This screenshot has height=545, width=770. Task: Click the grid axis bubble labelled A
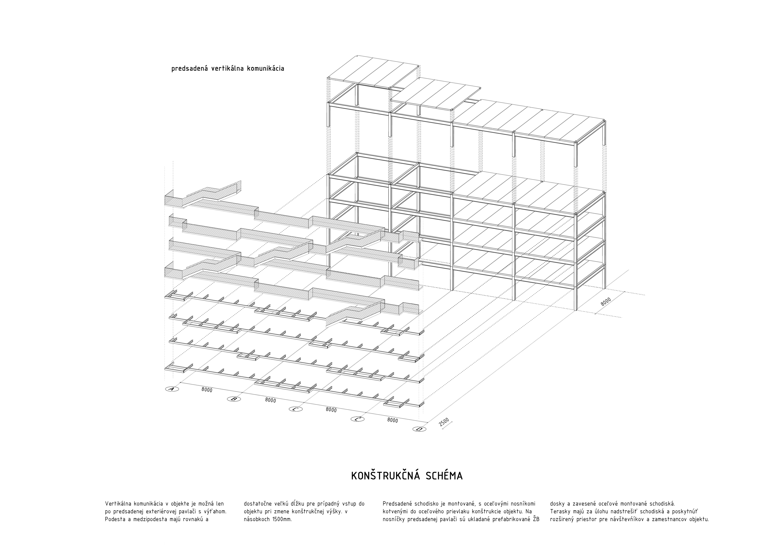pyautogui.click(x=172, y=389)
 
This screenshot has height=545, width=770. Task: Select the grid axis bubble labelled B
pyautogui.click(x=234, y=399)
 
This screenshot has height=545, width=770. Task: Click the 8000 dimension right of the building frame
pyautogui.click(x=606, y=301)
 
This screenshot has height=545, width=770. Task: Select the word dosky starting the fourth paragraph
pyautogui.click(x=557, y=504)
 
